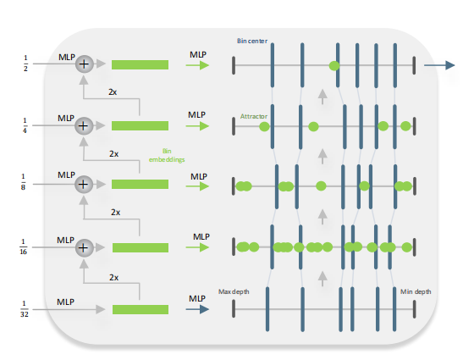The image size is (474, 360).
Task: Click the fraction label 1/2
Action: tap(25, 63)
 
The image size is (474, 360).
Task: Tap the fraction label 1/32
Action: tap(25, 309)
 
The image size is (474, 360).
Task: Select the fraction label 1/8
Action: tap(24, 182)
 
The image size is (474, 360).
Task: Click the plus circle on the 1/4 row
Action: tap(84, 126)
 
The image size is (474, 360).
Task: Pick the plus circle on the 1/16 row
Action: tap(84, 247)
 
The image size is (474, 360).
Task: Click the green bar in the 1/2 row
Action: tap(140, 64)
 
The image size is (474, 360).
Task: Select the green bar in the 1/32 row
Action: tap(141, 309)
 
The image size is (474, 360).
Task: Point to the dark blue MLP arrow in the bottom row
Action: tap(197, 309)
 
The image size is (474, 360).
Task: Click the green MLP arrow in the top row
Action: tap(197, 65)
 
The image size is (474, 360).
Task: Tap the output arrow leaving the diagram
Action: tap(439, 65)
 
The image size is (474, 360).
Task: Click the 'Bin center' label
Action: tap(252, 41)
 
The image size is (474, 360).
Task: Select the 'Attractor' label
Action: tap(254, 116)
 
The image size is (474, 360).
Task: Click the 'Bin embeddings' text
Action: tap(167, 155)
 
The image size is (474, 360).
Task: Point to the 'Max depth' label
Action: tap(234, 291)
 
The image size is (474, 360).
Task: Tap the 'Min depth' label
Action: tap(416, 291)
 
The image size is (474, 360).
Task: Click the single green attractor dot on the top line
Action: tap(334, 66)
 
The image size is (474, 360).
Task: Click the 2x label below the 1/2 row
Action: tap(113, 92)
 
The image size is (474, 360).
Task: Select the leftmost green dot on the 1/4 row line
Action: tap(264, 126)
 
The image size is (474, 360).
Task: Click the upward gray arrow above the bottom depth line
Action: tap(322, 279)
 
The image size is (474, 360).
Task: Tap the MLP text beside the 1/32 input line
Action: tap(66, 302)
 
